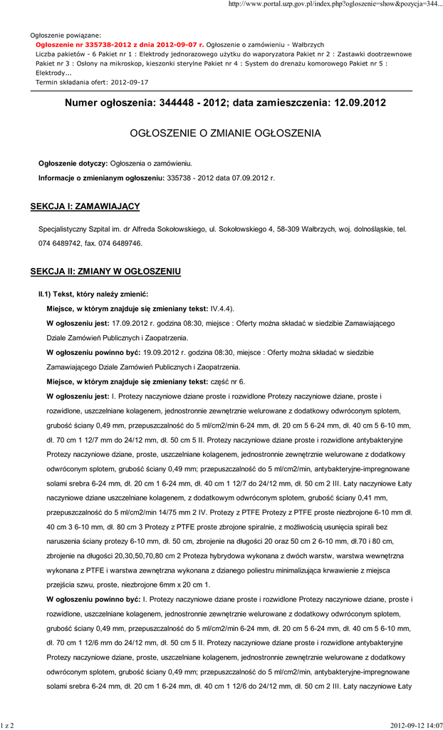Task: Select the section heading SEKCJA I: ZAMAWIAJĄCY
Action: tap(85, 207)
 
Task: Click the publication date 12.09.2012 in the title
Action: tap(360, 103)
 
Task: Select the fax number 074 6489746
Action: tap(113, 243)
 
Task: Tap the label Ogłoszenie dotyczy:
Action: tap(73, 163)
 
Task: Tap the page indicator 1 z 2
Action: tap(9, 724)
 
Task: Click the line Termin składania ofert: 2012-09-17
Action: tap(92, 82)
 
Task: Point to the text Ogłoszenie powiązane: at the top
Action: tap(66, 35)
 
